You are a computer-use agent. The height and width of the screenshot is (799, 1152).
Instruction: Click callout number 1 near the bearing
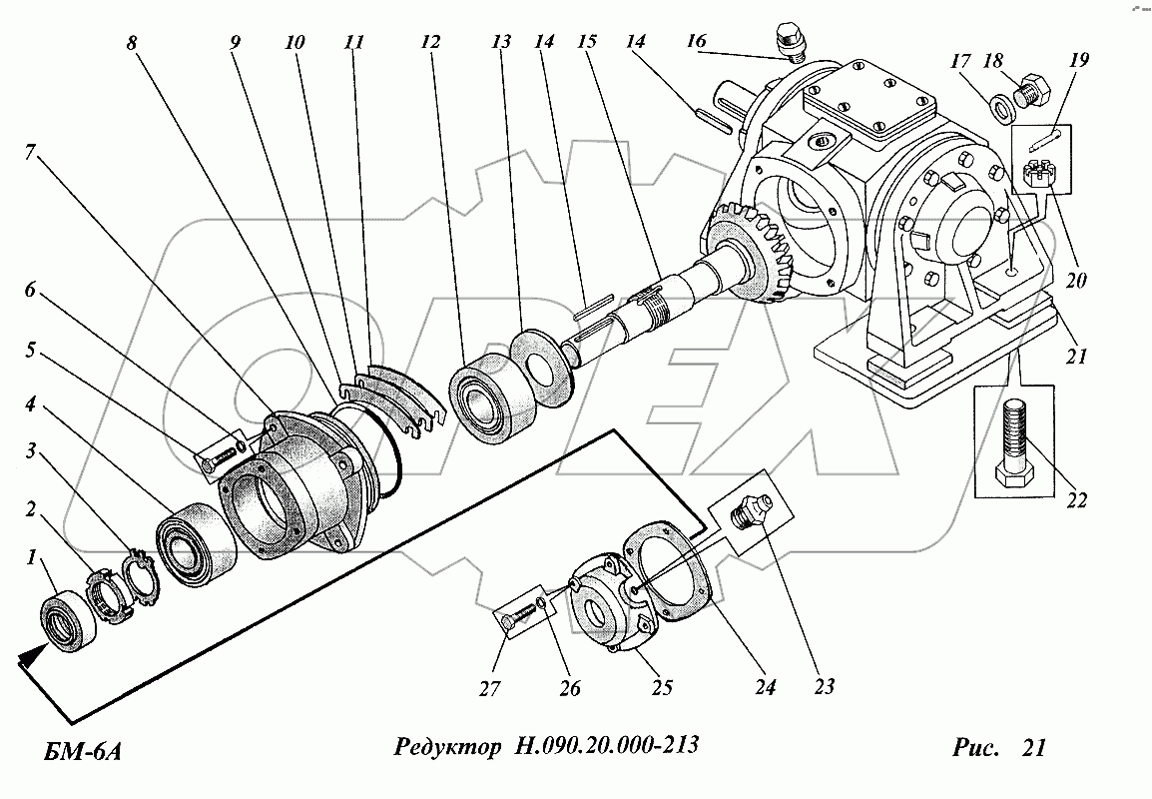(x=30, y=558)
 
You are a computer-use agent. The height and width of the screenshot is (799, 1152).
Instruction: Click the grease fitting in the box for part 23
(x=747, y=510)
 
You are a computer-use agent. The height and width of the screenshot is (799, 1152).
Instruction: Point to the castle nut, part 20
(x=1039, y=177)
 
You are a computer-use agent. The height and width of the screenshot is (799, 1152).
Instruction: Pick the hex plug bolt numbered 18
(x=1030, y=89)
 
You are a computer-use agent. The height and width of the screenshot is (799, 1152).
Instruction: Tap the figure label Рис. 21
(x=999, y=747)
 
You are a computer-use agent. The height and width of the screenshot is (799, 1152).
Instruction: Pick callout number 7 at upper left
(x=30, y=154)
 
